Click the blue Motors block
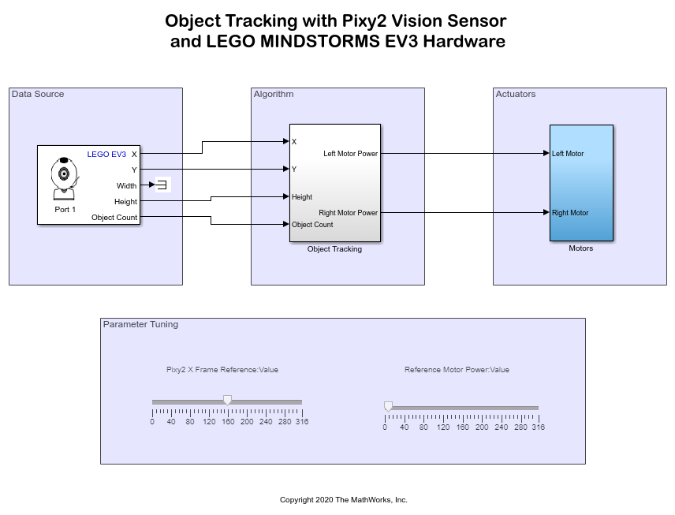point(581,182)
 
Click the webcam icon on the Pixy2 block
point(64,178)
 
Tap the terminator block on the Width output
point(162,185)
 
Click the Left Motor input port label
point(568,154)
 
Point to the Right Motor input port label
point(570,213)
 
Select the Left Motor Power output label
point(350,154)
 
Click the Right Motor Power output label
point(348,213)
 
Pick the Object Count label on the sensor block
point(114,218)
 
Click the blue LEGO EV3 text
point(106,155)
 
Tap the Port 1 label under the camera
point(65,210)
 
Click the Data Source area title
point(38,95)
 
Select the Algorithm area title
point(274,95)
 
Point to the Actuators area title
point(516,95)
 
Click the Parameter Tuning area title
point(140,324)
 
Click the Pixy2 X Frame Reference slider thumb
point(227,400)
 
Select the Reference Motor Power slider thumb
point(388,405)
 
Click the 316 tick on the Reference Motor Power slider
point(538,427)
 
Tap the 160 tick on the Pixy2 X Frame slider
point(228,422)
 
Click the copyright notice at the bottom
point(344,500)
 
